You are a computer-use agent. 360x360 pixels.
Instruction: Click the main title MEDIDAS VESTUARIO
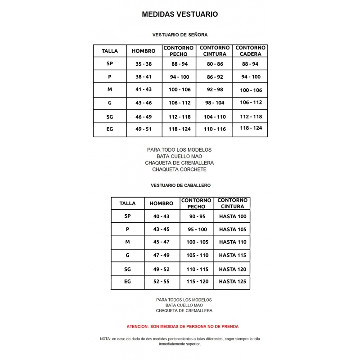point(180,14)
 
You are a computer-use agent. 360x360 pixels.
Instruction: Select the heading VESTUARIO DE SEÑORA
point(180,34)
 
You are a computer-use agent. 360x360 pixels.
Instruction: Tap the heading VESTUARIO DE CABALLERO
point(180,185)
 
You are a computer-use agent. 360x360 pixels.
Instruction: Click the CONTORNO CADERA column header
point(250,51)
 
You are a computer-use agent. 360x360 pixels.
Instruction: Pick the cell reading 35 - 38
point(144,64)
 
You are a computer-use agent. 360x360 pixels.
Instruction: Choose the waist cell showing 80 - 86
point(215,64)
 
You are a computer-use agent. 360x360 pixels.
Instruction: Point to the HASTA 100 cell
point(233,216)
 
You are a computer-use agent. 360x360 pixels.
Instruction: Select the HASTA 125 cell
point(233,281)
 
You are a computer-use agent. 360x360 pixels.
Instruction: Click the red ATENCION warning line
point(182,326)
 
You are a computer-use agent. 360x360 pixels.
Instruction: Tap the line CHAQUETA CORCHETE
point(179,169)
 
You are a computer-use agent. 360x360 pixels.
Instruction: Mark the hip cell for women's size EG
point(251,128)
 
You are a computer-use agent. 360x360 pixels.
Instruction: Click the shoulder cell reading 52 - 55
point(162,281)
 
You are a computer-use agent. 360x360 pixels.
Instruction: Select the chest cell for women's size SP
point(179,64)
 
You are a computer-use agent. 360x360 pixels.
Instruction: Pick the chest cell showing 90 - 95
point(197,216)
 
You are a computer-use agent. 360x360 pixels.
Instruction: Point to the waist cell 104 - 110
point(215,117)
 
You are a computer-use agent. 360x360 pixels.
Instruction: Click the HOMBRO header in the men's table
point(161,203)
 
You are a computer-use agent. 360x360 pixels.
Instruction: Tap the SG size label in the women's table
point(110,117)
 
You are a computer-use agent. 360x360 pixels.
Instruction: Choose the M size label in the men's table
point(127,242)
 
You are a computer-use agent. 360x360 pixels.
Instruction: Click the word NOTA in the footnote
point(105,338)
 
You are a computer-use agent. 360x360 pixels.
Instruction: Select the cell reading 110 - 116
point(215,129)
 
